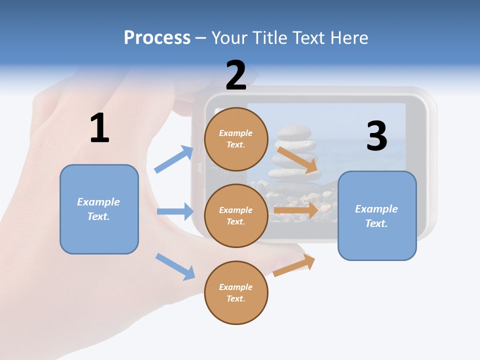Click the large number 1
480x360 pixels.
(x=99, y=128)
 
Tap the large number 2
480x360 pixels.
(x=236, y=75)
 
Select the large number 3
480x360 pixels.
(x=376, y=136)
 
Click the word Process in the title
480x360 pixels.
(x=157, y=37)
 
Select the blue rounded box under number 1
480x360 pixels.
(x=99, y=209)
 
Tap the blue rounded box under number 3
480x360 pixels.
(x=377, y=215)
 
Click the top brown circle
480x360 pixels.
(x=236, y=139)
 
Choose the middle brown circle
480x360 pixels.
(x=236, y=215)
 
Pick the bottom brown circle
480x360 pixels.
(x=236, y=292)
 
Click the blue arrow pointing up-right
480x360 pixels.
(x=174, y=159)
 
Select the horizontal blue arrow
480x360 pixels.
(x=175, y=211)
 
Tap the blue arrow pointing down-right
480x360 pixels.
(x=175, y=266)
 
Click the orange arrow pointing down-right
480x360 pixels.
(x=298, y=160)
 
